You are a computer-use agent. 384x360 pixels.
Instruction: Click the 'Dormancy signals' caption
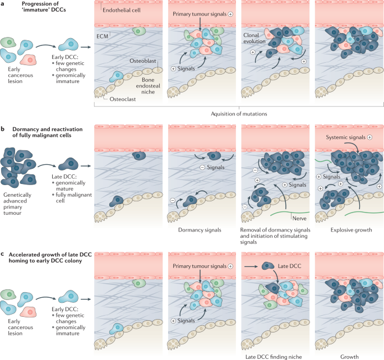coord(196,230)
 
